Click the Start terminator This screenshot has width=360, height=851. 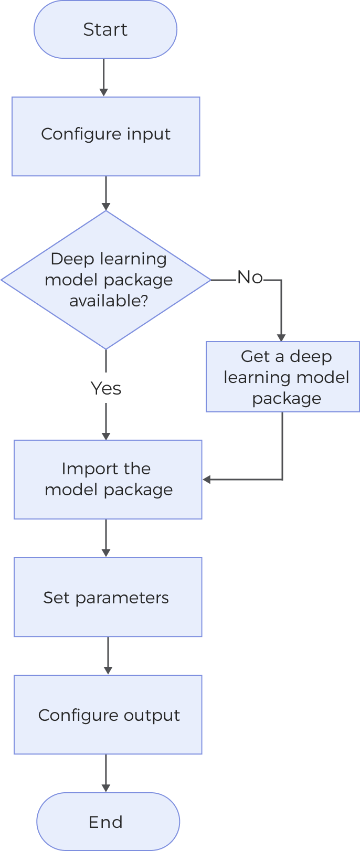[105, 29]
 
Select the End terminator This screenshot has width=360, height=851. [108, 822]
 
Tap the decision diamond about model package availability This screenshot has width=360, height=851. [107, 280]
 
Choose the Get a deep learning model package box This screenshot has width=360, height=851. [282, 377]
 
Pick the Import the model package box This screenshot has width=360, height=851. [108, 479]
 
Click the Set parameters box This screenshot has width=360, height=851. [108, 597]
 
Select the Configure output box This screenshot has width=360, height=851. [108, 715]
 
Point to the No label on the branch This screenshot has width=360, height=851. [250, 277]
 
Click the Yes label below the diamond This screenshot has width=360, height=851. [106, 388]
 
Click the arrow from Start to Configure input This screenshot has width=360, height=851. [104, 77]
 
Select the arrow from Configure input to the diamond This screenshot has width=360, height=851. [106, 193]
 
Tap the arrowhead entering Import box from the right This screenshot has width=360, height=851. [207, 480]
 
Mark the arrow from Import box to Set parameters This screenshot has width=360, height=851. [106, 538]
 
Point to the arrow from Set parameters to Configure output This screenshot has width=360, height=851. [108, 656]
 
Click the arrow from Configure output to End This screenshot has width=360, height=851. [106, 773]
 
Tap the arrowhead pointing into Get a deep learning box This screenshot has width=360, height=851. [281, 337]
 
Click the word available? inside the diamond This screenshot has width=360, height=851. [109, 301]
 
